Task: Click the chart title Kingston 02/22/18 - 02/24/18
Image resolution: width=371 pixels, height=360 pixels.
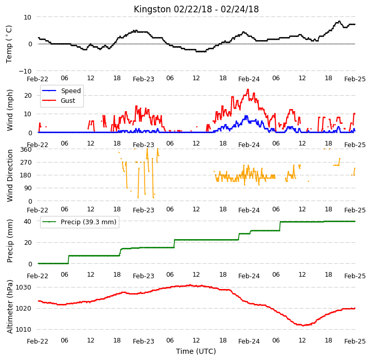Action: (x=196, y=9)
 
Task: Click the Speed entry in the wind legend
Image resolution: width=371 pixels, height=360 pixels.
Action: (x=70, y=91)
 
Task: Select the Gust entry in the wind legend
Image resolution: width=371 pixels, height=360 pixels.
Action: (x=68, y=100)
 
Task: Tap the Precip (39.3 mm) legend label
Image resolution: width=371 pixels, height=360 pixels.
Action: (x=89, y=222)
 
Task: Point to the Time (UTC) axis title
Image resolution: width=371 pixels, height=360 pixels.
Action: (x=196, y=351)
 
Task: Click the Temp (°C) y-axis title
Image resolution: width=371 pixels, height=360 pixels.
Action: (x=9, y=44)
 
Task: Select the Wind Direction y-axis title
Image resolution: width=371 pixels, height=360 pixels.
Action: (x=10, y=175)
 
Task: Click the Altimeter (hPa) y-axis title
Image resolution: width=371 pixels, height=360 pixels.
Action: (x=10, y=307)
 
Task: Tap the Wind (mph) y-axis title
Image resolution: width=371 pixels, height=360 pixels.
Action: (x=10, y=110)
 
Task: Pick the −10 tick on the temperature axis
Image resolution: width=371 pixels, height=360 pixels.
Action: (x=25, y=71)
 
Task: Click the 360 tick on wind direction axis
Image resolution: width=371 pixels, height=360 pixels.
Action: (x=26, y=150)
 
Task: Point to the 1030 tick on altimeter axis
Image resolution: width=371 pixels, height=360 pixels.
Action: (x=23, y=287)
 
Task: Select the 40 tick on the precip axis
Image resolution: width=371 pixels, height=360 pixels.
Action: (x=27, y=221)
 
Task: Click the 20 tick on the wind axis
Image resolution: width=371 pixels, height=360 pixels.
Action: (x=28, y=96)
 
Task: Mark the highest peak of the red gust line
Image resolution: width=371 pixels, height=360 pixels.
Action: (x=248, y=89)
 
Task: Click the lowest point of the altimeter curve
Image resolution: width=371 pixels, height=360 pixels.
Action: (x=303, y=326)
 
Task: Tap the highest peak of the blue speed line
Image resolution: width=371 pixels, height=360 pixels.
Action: (x=246, y=116)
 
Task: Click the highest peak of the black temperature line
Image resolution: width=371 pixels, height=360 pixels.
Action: (x=340, y=22)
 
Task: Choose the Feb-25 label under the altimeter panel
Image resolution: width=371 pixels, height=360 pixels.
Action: (x=355, y=341)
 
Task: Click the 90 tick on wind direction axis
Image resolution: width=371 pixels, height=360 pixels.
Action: (x=28, y=188)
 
